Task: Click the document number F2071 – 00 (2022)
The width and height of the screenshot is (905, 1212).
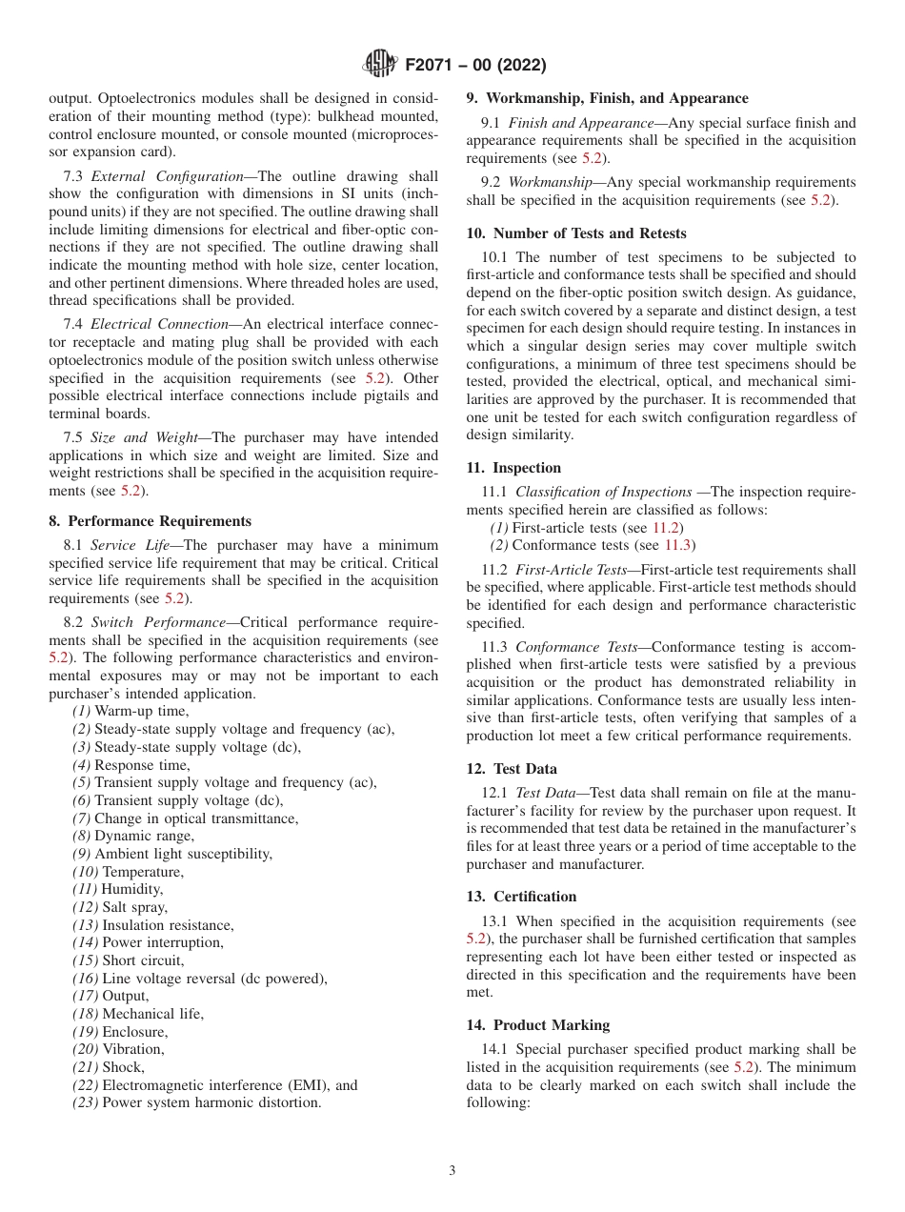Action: [x=474, y=66]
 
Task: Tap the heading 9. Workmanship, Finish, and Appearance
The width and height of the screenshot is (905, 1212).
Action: [x=607, y=98]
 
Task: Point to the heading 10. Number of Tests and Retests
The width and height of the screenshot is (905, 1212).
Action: [x=575, y=233]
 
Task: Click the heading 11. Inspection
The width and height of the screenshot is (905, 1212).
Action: [x=513, y=468]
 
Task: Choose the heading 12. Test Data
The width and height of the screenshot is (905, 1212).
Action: [x=512, y=769]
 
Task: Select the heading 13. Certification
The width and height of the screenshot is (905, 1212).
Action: [x=521, y=897]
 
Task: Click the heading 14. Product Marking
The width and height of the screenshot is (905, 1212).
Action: [x=538, y=1025]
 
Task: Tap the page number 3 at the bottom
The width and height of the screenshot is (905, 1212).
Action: [x=452, y=1171]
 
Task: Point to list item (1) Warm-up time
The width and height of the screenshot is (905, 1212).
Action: [x=131, y=711]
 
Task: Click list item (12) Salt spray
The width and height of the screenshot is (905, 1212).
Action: [x=120, y=907]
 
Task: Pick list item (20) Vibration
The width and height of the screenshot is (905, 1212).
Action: [x=118, y=1049]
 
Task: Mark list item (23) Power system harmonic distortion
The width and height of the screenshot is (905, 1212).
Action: [x=197, y=1102]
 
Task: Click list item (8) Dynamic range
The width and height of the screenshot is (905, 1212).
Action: [x=133, y=836]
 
